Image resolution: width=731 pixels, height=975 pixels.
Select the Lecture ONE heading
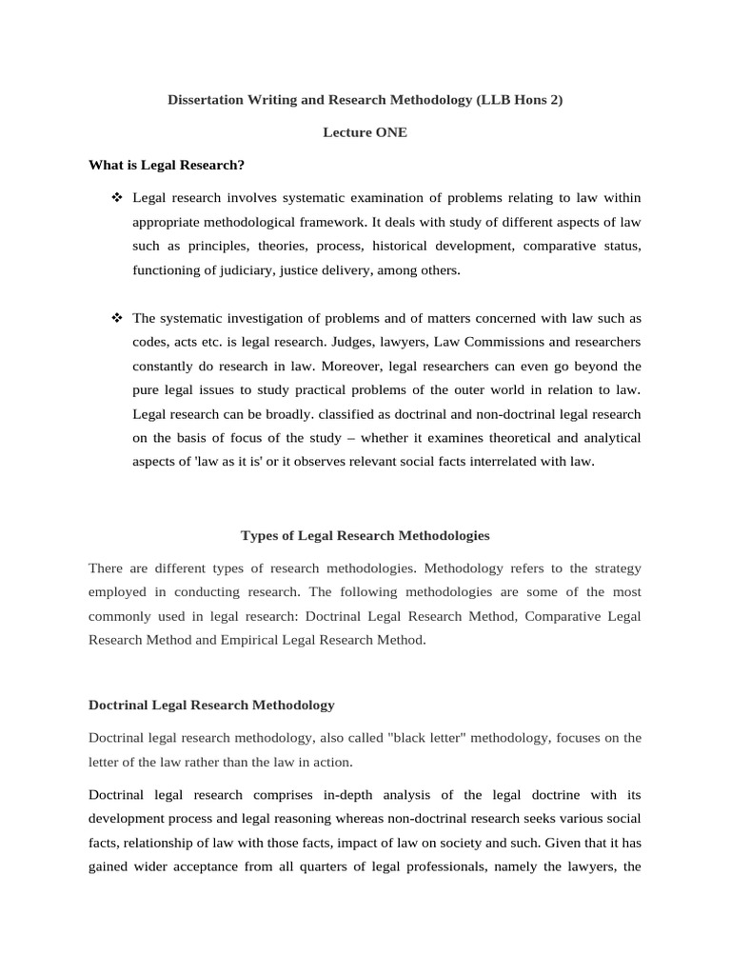[365, 132]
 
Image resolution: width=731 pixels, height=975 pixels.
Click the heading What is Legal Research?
[167, 165]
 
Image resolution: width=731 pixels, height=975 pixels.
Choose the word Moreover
[357, 366]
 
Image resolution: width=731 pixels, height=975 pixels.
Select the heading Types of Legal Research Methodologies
[365, 536]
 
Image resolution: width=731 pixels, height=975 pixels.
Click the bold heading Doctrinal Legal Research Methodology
[211, 706]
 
